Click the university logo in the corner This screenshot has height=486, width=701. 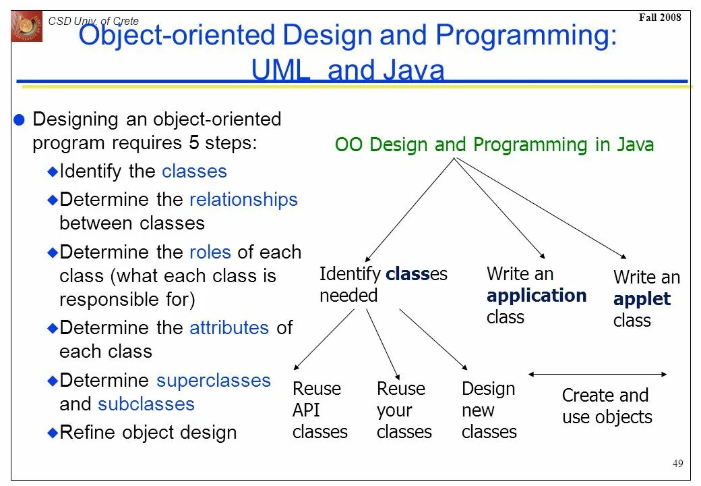(26, 26)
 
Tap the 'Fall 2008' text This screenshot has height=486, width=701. (660, 18)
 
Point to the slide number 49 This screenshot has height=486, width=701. (677, 463)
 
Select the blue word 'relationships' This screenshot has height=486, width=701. (243, 200)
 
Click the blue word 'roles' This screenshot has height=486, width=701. (210, 252)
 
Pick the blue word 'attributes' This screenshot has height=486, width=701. (229, 328)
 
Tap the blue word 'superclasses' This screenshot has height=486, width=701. (214, 381)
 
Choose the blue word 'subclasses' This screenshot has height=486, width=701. (146, 404)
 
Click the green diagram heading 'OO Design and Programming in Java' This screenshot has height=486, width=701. (494, 145)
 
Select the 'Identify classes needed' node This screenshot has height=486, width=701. (383, 284)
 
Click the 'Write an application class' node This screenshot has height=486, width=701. (536, 295)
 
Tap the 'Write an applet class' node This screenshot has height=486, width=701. (646, 298)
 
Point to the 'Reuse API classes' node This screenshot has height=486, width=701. (319, 410)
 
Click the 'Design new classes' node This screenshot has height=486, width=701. (489, 410)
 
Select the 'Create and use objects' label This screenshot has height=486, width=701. (607, 406)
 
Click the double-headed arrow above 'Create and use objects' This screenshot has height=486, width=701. (598, 374)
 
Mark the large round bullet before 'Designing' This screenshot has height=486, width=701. (20, 120)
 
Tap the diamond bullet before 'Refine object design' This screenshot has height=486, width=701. (53, 433)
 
